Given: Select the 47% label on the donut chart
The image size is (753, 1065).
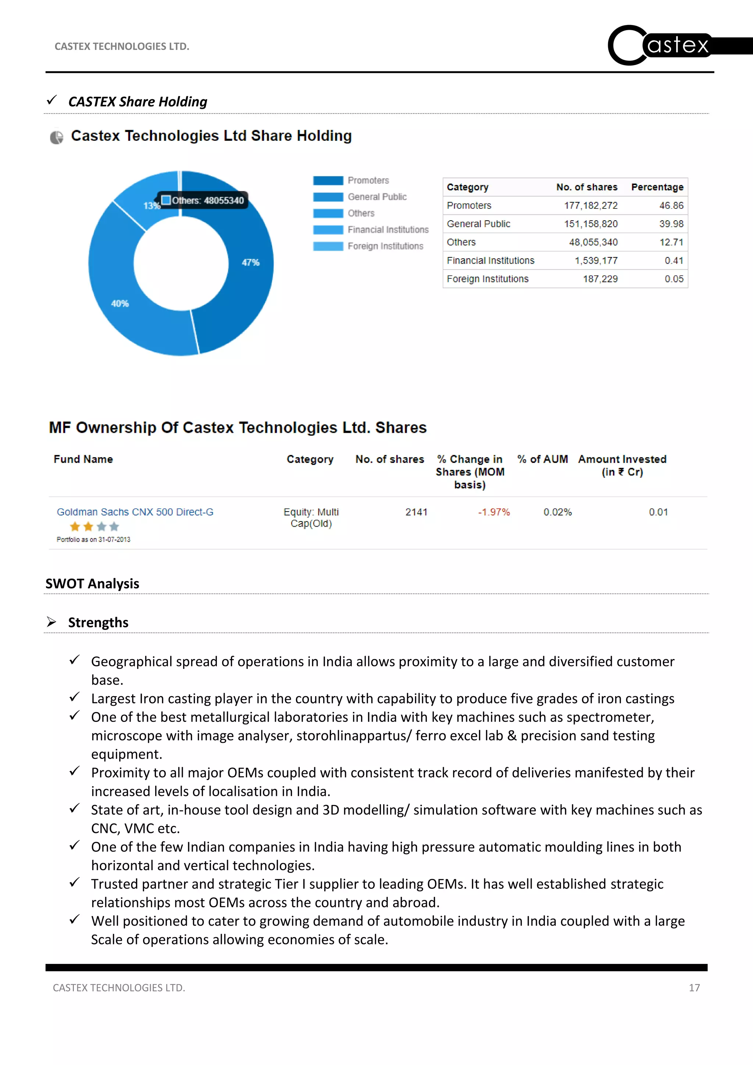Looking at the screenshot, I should [x=250, y=263].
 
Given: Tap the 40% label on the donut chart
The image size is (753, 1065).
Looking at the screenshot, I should [x=119, y=303].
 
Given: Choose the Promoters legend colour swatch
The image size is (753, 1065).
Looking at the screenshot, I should [x=328, y=181].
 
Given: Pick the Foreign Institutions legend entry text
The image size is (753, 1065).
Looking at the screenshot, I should [x=385, y=246].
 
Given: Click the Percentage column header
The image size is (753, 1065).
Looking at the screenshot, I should [x=657, y=187].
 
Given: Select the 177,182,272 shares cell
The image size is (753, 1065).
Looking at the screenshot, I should [x=591, y=206].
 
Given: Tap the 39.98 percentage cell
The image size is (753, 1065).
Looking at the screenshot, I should [x=671, y=224].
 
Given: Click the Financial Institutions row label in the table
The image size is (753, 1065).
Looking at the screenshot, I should [x=490, y=261].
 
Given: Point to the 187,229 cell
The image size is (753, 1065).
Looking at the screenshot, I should [x=600, y=279].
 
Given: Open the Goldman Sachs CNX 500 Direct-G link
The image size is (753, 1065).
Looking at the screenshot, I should [x=135, y=512].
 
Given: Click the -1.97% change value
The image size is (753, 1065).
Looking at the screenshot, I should [x=494, y=512].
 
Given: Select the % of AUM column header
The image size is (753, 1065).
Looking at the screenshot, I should [x=542, y=459].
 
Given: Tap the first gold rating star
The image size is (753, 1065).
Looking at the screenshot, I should [x=75, y=527].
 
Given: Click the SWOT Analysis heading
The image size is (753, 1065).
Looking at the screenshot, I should [x=92, y=584].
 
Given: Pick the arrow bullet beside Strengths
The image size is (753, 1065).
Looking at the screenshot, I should [x=51, y=622].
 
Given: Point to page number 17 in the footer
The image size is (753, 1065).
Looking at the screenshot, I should [x=694, y=987].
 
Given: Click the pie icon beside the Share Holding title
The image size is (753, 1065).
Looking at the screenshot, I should [x=57, y=137].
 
